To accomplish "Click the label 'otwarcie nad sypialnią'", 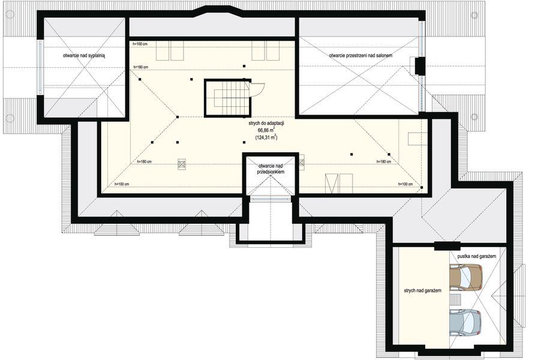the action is (x=84, y=55).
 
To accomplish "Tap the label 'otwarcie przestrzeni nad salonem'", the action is (x=360, y=55).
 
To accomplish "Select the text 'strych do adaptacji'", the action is (x=266, y=124).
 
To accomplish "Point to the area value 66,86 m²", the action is (x=266, y=130).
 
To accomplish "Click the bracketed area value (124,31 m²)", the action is (x=266, y=137).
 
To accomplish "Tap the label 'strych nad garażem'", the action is (x=422, y=290).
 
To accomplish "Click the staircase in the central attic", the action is (x=228, y=98).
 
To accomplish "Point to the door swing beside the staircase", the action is (x=257, y=89).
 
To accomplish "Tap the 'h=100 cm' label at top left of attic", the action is (x=140, y=44).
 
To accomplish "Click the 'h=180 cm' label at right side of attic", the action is (x=384, y=161).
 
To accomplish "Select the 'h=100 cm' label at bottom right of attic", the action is (x=405, y=184).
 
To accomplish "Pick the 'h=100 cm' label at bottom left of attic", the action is (x=122, y=184).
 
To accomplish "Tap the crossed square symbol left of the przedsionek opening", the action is (x=182, y=164).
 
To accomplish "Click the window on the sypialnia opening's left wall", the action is (x=40, y=67).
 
